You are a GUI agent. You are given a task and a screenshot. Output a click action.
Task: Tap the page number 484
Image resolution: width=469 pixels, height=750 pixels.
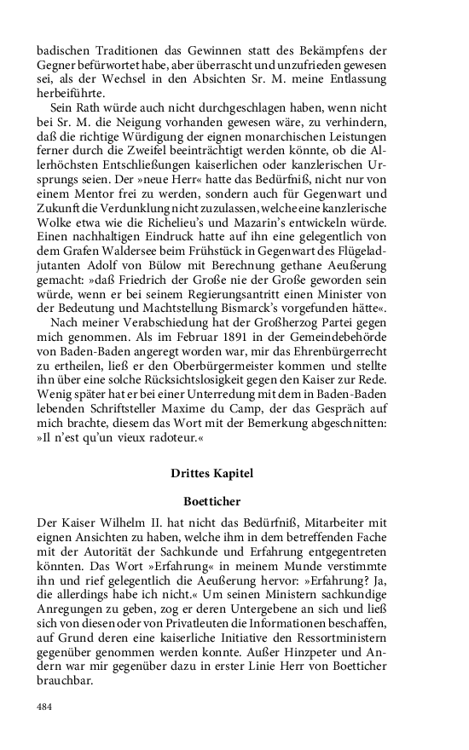45,707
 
